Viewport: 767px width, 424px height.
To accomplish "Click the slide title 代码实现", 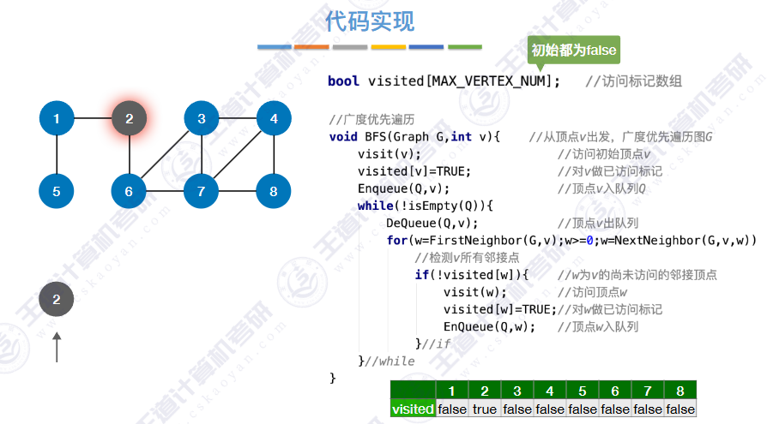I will pyautogui.click(x=370, y=21).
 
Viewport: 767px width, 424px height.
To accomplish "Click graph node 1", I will pyautogui.click(x=57, y=118).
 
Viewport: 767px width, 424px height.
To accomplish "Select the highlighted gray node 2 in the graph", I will pyautogui.click(x=129, y=118).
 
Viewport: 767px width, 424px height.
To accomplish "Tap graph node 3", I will pyautogui.click(x=202, y=118).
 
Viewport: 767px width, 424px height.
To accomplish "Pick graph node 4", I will pyautogui.click(x=274, y=118).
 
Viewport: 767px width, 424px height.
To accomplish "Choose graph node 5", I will pyautogui.click(x=57, y=191).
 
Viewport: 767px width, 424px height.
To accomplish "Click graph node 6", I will pyautogui.click(x=129, y=191).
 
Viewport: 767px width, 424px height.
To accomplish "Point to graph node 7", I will pyautogui.click(x=202, y=191).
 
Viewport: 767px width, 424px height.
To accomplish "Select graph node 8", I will pyautogui.click(x=274, y=191).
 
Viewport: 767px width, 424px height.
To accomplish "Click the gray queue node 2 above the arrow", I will pyautogui.click(x=57, y=299).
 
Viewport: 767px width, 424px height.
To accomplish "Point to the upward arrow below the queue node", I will pyautogui.click(x=57, y=347).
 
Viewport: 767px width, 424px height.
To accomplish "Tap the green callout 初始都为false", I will pyautogui.click(x=573, y=50).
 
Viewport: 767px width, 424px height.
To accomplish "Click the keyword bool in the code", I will pyautogui.click(x=343, y=81).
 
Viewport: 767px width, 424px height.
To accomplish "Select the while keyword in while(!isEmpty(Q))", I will pyautogui.click(x=374, y=206).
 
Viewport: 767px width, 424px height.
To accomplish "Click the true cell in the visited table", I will pyautogui.click(x=485, y=409).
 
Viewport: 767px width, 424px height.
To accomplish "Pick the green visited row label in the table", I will pyautogui.click(x=413, y=409).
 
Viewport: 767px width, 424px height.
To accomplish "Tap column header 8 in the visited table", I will pyautogui.click(x=680, y=391).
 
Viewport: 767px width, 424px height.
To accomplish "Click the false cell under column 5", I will pyautogui.click(x=583, y=409).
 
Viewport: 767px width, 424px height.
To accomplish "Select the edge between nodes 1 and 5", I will pyautogui.click(x=57, y=154).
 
